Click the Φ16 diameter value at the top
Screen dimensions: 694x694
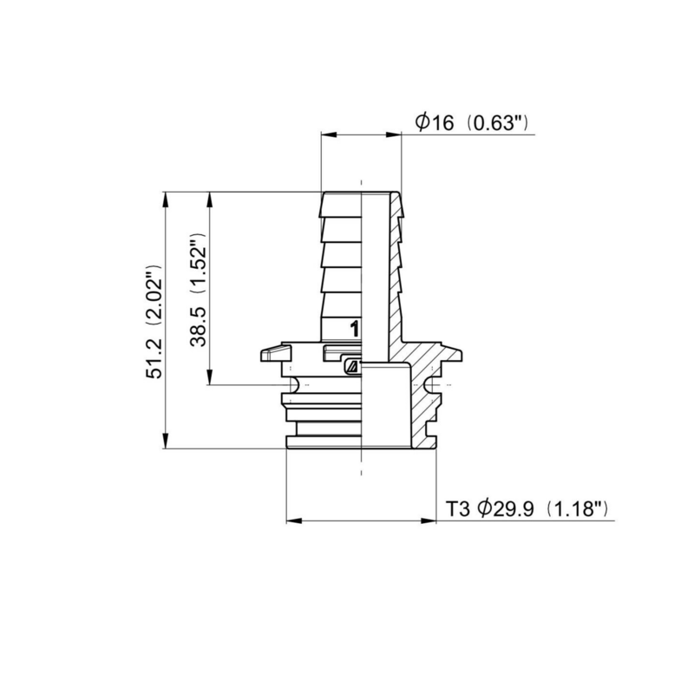click(435, 123)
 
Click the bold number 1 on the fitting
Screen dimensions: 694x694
click(353, 329)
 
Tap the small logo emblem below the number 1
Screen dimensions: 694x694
click(351, 366)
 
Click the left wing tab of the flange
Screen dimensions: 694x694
click(272, 354)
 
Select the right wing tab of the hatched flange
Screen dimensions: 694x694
click(451, 354)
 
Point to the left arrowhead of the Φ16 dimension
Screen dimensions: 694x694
click(327, 134)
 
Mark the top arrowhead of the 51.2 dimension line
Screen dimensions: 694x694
click(166, 198)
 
